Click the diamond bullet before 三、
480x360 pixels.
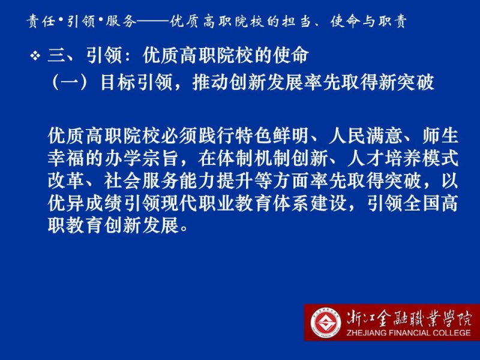pos(35,56)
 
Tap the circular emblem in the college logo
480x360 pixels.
pos(326,323)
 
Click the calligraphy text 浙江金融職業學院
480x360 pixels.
pos(409,319)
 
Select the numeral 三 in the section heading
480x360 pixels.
pos(57,56)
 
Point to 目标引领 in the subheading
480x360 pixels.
pos(136,83)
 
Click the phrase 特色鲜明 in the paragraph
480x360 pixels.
pos(272,136)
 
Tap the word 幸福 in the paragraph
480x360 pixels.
pos(66,158)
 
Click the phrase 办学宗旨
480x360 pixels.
pos(142,158)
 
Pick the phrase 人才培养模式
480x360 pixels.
pos(403,158)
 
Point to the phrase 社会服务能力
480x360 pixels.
pos(160,181)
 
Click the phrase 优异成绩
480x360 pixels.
pos(85,203)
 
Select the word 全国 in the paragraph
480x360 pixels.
pos(422,203)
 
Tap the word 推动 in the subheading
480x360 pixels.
pos(211,83)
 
